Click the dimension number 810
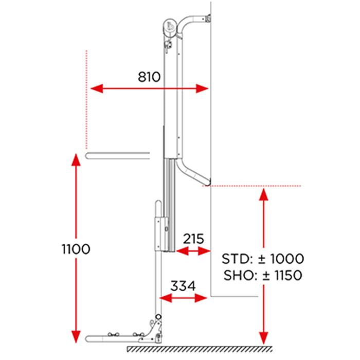(x=149, y=77)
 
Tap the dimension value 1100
(x=76, y=249)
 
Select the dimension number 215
(x=193, y=239)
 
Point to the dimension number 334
(x=183, y=286)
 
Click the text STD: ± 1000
(x=263, y=259)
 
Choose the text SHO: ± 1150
(x=263, y=275)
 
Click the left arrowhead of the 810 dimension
(x=97, y=88)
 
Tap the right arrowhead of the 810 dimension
(x=202, y=88)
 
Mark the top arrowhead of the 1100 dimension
(x=76, y=159)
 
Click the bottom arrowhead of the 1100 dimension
(x=76, y=337)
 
